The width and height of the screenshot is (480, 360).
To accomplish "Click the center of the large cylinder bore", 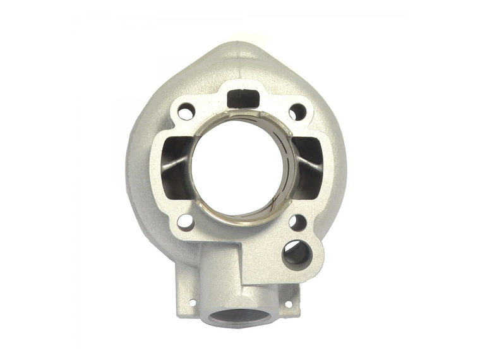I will coord(241,165).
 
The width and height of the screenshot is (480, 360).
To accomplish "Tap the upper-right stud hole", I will coord(297,112).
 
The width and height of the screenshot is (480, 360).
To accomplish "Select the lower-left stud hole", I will coord(185,221).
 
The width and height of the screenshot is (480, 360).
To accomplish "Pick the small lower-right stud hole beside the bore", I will coord(297,222).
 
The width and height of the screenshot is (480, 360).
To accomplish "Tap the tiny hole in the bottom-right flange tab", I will coord(289,304).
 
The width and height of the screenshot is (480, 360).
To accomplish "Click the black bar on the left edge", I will coord(30,180).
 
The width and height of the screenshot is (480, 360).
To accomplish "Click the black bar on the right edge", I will coord(450,180).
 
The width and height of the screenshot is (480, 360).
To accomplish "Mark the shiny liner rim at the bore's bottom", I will coord(241,215).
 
